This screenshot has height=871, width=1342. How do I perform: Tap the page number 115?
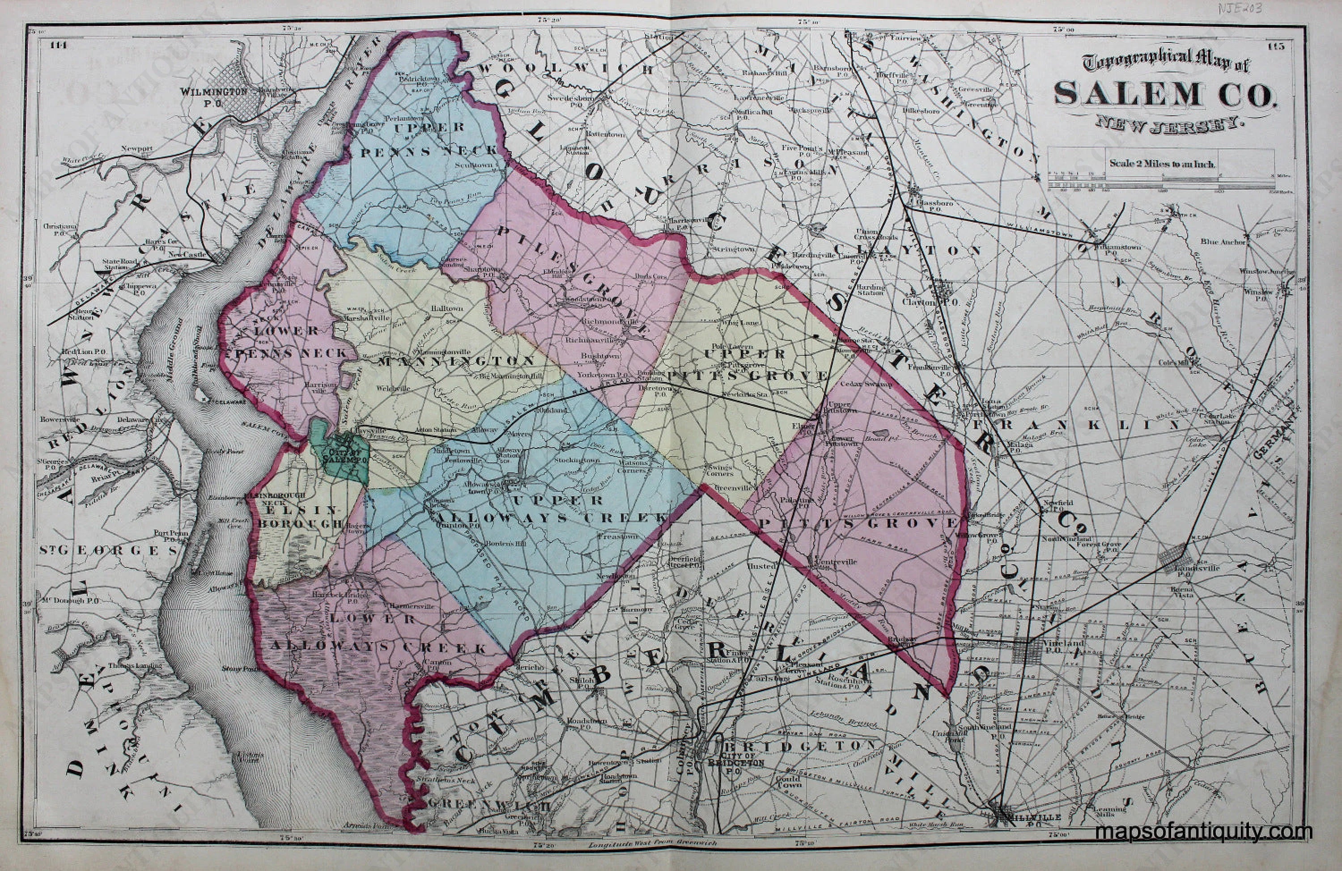click(x=1277, y=45)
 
